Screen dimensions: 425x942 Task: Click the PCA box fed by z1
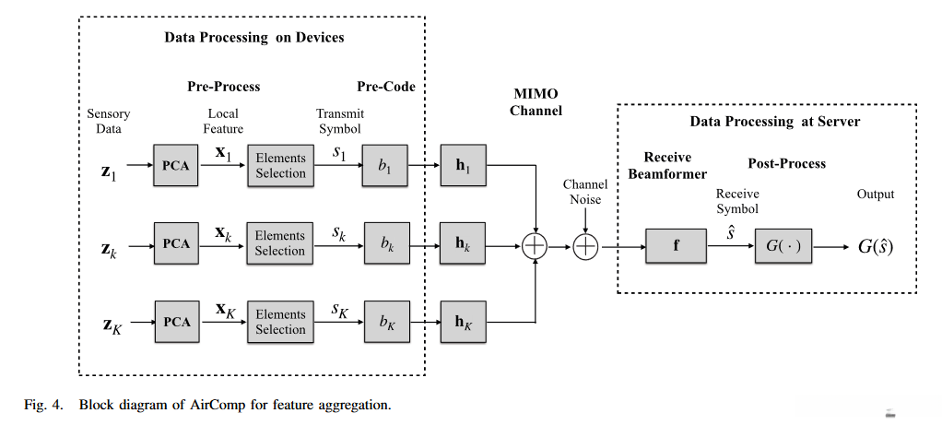tap(176, 166)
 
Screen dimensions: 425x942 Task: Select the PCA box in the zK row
tap(176, 322)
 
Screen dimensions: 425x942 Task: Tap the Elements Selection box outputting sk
tap(280, 244)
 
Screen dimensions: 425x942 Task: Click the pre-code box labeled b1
tap(385, 166)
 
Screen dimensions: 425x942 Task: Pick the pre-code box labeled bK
tap(385, 322)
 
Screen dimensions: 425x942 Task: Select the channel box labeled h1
tap(464, 166)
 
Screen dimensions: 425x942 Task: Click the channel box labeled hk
tap(464, 244)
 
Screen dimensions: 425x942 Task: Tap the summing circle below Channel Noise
tap(586, 246)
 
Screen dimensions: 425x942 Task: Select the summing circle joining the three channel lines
tap(535, 246)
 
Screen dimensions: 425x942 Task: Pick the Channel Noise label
tap(585, 192)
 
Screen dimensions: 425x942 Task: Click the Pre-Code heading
tap(386, 87)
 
